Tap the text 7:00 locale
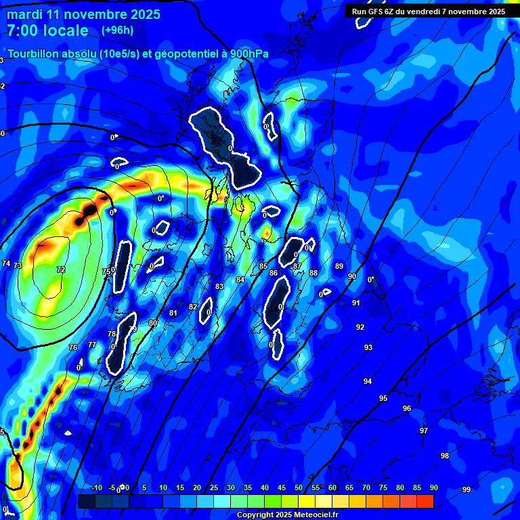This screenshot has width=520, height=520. tap(47, 30)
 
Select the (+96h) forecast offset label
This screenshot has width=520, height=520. tap(117, 30)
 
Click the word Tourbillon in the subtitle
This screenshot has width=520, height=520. tap(35, 53)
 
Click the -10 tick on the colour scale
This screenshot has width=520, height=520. tap(97, 488)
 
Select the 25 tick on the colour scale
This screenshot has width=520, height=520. tap(214, 488)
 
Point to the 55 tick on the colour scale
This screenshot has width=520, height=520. tap(316, 488)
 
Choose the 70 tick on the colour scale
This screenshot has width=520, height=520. tap(366, 488)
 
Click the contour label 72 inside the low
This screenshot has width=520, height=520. tap(61, 269)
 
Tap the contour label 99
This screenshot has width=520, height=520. tap(467, 490)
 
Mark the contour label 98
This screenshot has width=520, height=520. tap(445, 456)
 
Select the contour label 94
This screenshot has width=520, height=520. tap(368, 381)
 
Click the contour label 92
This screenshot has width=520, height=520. tap(360, 327)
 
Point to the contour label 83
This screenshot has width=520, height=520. tap(219, 286)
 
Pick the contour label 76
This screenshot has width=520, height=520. tap(73, 347)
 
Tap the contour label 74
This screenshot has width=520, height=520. tap(6, 263)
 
